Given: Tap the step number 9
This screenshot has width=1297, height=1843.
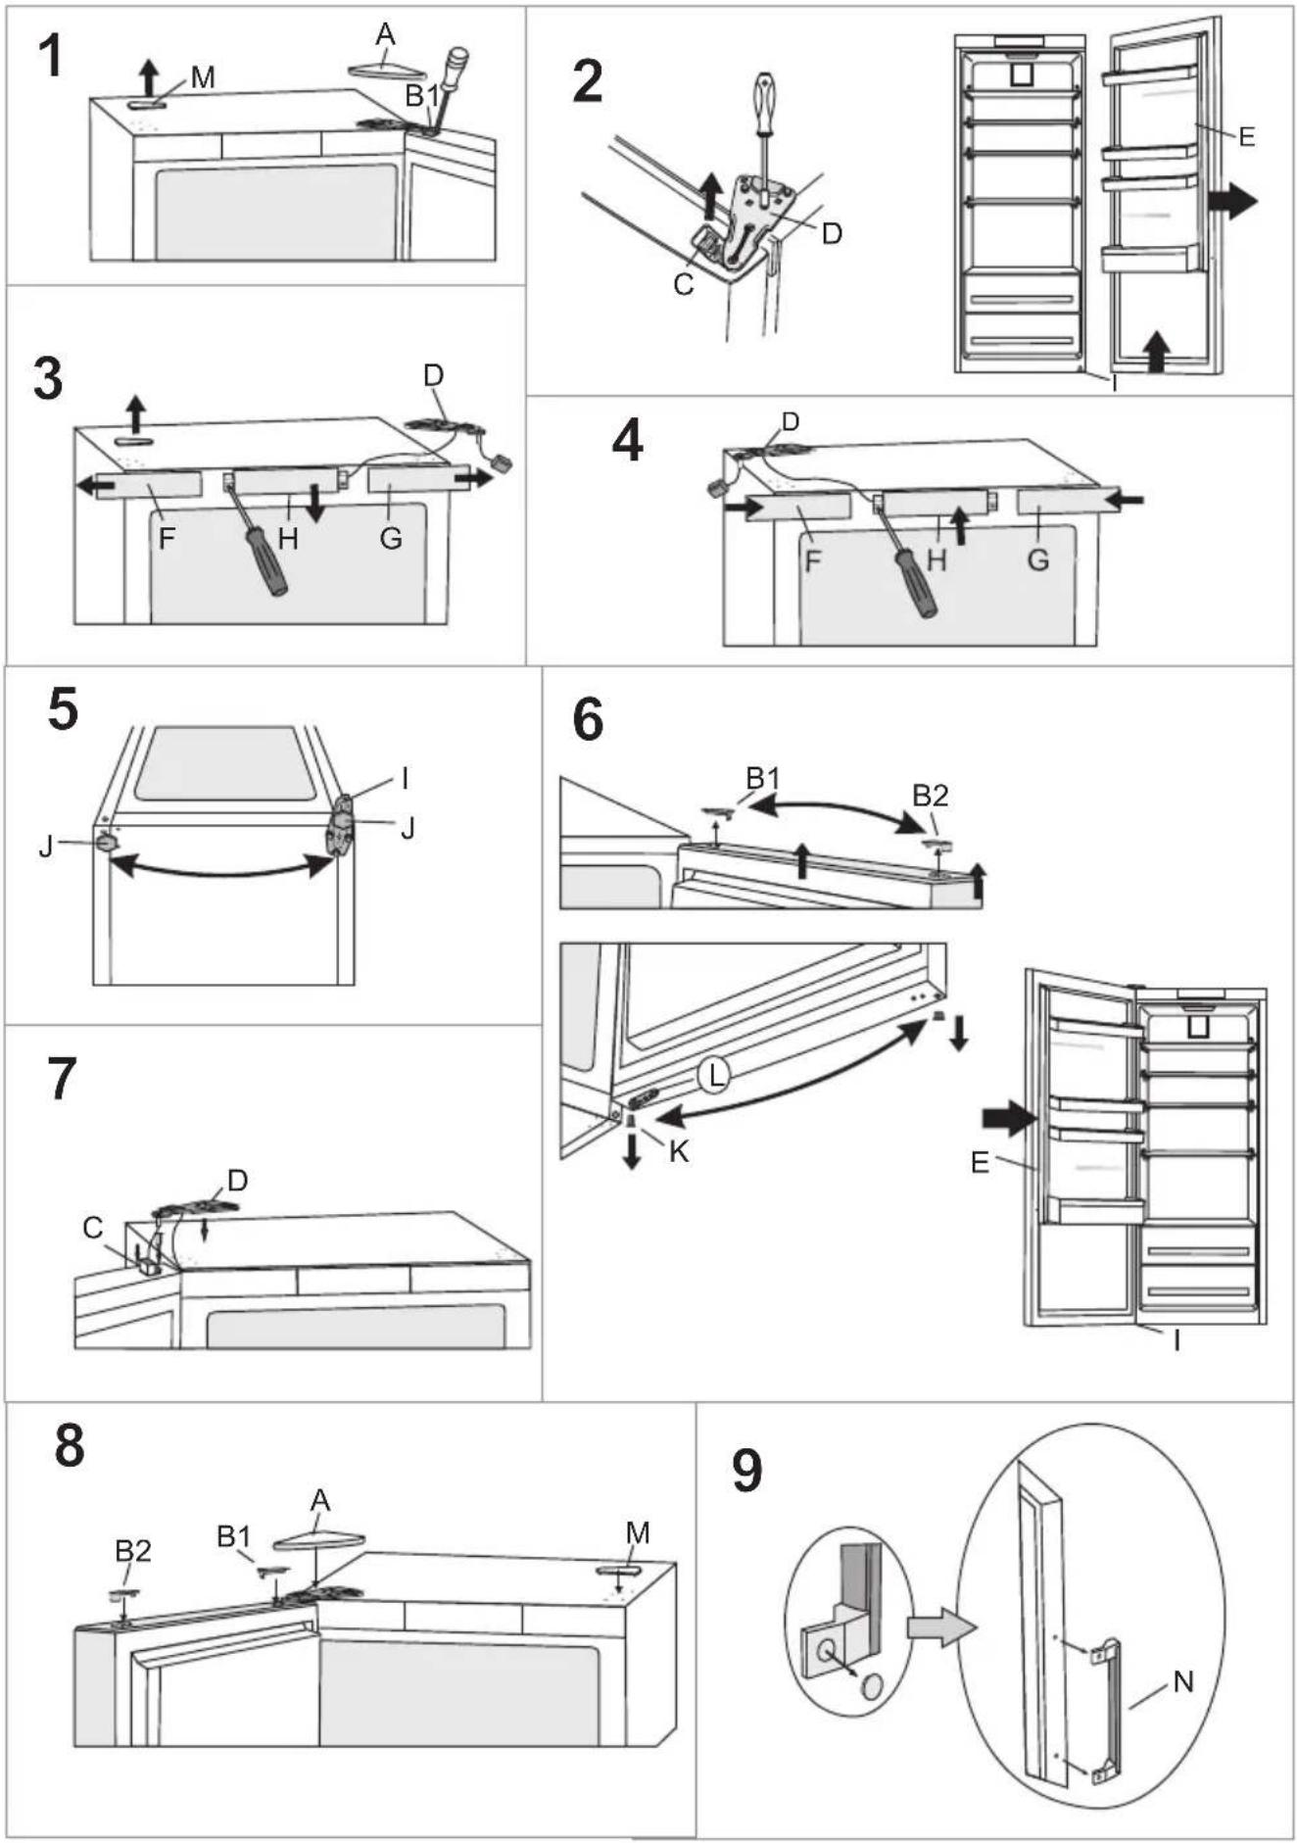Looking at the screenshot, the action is (x=746, y=1470).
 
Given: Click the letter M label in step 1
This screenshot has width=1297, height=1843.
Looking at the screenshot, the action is (x=203, y=76).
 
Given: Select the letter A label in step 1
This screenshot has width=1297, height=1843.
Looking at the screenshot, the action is (x=385, y=34).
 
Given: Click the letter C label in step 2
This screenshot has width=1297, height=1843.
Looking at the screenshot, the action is (x=684, y=284).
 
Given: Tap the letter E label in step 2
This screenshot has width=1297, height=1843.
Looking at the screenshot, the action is (x=1246, y=136).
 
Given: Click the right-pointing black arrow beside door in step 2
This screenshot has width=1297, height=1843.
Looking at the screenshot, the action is (x=1232, y=201).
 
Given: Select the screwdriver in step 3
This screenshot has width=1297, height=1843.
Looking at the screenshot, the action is (x=258, y=540).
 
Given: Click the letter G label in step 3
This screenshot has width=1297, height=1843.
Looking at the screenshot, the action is (x=391, y=537).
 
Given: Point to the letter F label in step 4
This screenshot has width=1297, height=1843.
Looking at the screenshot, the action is (x=812, y=561).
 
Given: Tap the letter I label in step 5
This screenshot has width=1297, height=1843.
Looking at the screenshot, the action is (x=405, y=778).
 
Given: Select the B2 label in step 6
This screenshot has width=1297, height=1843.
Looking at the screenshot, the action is (x=930, y=795).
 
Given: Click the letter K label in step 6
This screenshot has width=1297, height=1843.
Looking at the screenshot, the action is (x=679, y=1151).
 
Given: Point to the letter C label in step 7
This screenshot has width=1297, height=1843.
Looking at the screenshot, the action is (x=93, y=1228).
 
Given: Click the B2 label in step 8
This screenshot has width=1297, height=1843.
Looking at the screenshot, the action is (x=132, y=1551).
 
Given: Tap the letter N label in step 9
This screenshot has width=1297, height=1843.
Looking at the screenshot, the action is (x=1183, y=1681).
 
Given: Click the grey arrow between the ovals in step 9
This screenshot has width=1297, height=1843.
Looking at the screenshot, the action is (x=941, y=1627).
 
